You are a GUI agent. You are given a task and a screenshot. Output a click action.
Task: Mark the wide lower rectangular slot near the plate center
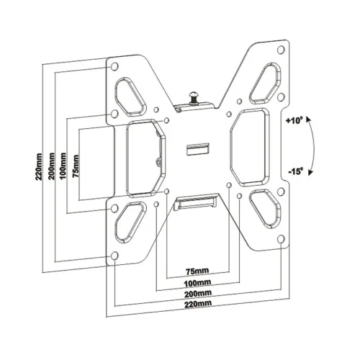[197, 201]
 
